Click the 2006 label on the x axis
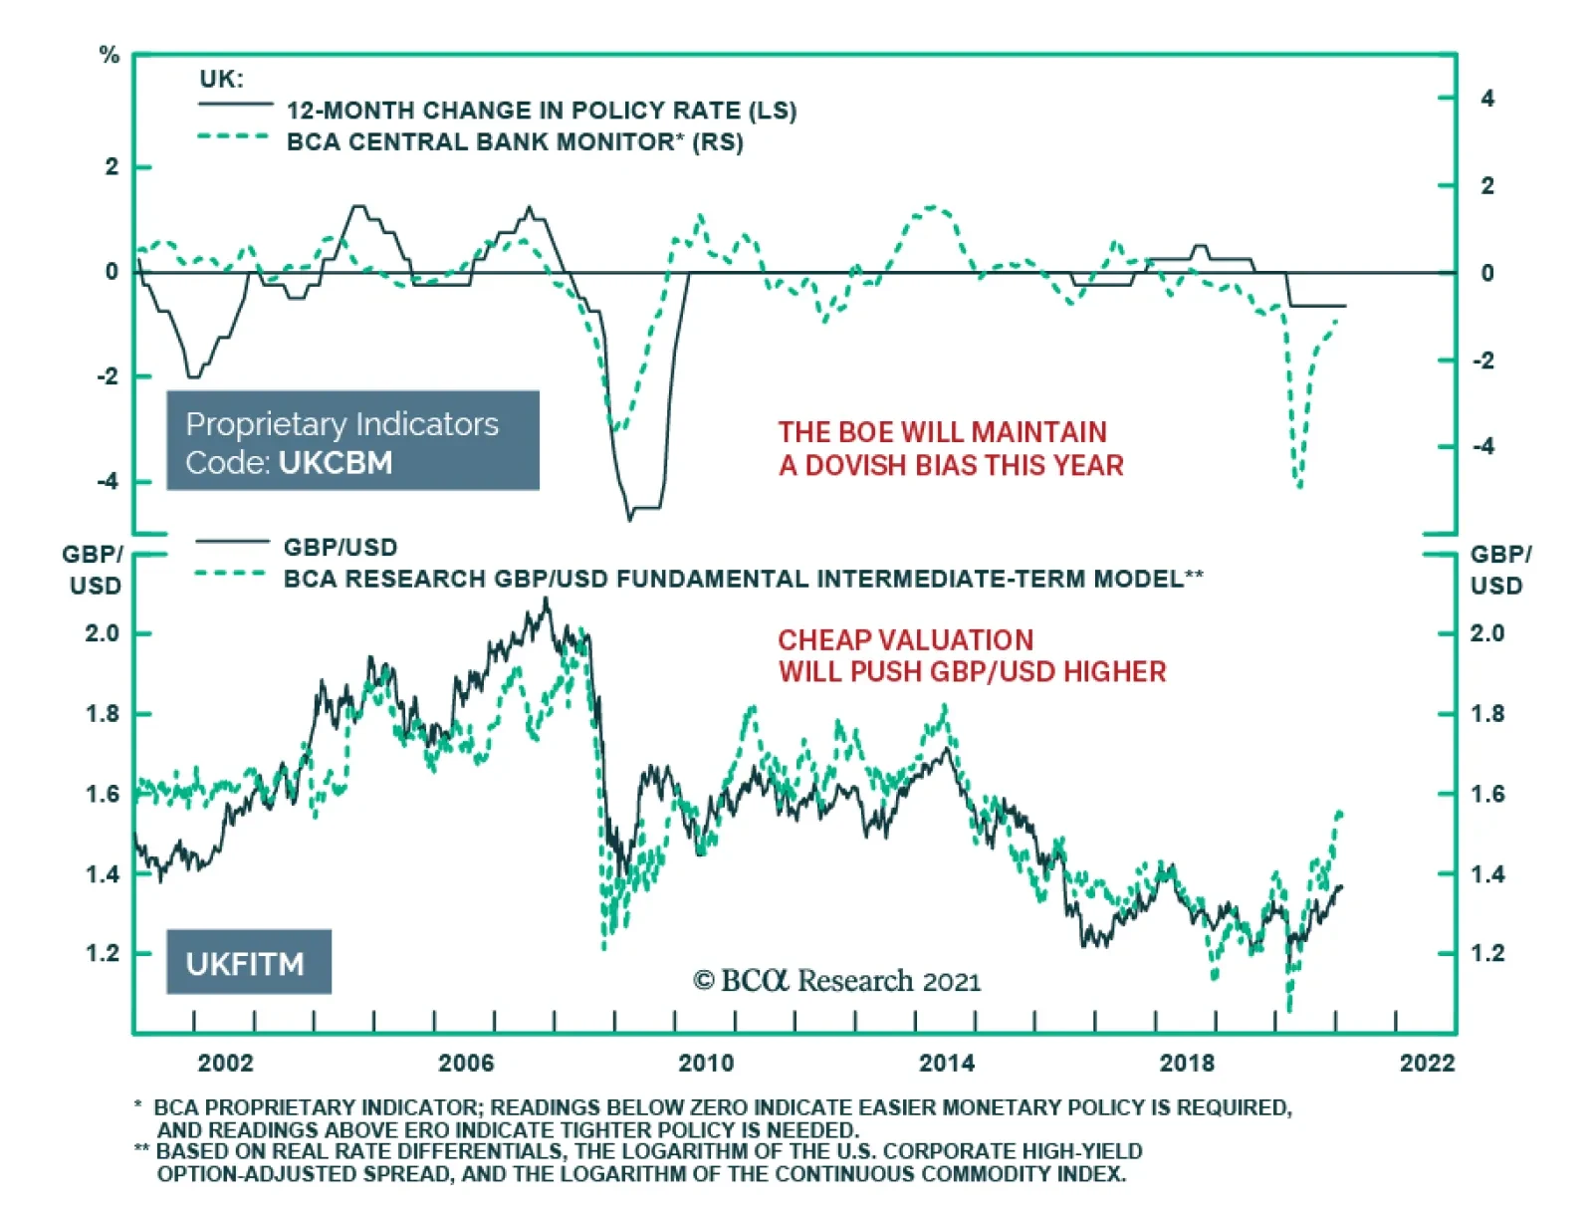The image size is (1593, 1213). [x=466, y=1063]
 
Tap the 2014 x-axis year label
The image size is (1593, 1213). [x=946, y=1063]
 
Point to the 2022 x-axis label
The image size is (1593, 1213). [x=1427, y=1063]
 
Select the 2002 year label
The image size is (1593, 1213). [x=226, y=1063]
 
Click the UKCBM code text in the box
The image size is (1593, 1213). [x=336, y=463]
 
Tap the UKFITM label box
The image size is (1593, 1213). [x=248, y=963]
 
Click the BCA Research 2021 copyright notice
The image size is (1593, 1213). [x=837, y=981]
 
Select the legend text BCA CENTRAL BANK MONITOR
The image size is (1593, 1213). [x=514, y=141]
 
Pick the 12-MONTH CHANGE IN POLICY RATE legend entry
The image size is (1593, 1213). [x=541, y=110]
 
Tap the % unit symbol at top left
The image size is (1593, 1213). [x=110, y=56]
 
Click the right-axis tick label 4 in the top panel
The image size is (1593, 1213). [x=1487, y=98]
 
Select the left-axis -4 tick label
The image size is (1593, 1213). [x=107, y=481]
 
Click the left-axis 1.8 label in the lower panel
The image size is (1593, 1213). [x=102, y=714]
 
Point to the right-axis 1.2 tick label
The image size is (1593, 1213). [x=1487, y=953]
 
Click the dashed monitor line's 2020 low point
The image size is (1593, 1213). [x=1299, y=487]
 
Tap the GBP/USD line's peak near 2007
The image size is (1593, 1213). [x=546, y=600]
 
